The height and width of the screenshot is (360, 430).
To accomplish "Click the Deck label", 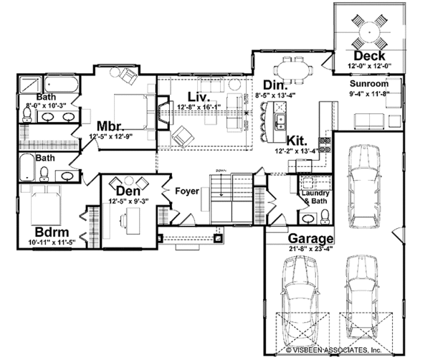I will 370,56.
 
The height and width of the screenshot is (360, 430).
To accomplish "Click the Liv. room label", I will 198,97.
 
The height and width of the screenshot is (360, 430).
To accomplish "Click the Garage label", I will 310,240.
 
